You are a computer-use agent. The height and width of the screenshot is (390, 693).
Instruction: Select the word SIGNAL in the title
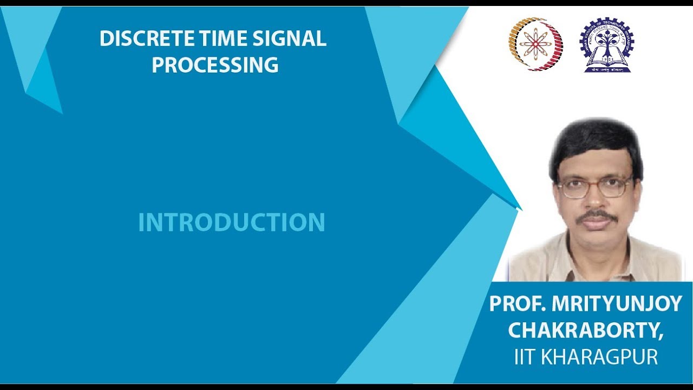pos(290,38)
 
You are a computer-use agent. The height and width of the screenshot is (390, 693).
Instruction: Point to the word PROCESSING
pos(215,64)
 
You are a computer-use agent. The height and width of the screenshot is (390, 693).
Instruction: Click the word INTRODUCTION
pos(231,222)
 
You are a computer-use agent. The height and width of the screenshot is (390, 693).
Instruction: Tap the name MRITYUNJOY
pos(617,304)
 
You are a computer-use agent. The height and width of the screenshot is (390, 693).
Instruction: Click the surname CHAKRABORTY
pos(583,330)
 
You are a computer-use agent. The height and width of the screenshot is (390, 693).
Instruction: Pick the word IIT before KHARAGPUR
pos(525,357)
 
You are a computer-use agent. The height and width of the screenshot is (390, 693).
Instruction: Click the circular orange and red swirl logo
pos(536,44)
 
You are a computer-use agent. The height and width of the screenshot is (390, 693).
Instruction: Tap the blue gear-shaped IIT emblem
pos(607,45)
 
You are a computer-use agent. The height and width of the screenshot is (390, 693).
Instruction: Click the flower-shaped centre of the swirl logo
pos(535,44)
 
